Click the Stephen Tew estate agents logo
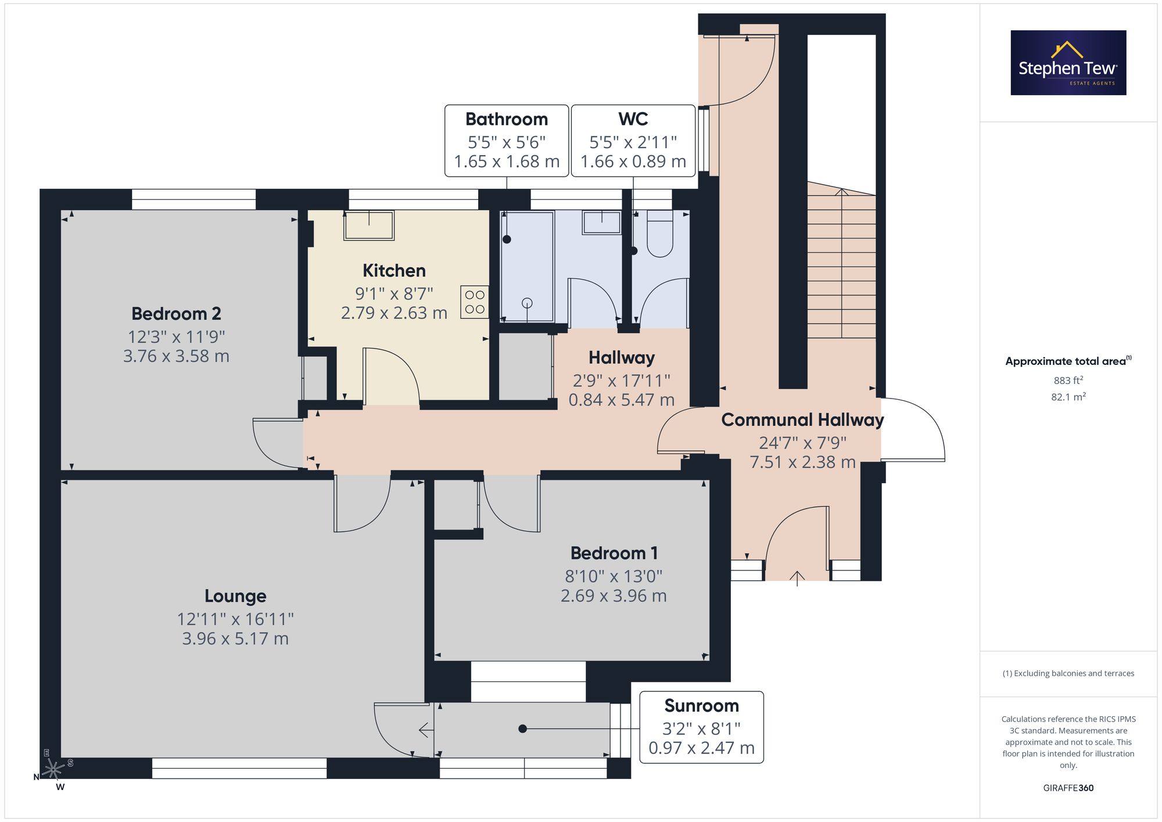pos(1068,63)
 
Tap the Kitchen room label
pos(394,271)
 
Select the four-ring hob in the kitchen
pos(475,302)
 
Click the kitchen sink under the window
pos(369,225)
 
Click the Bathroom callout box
pos(507,141)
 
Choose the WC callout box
pos(633,141)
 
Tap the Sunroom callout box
pos(701,727)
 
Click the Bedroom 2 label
pos(176,314)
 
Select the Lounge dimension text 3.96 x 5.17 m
pos(235,638)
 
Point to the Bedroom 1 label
pos(614,553)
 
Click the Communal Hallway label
pos(802,419)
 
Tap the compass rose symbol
pos(53,769)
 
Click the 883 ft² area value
pos(1068,381)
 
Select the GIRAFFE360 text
pos(1068,788)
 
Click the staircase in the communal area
pos(841,261)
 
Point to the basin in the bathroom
pos(602,222)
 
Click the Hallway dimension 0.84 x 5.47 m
pos(621,400)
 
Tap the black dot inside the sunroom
pos(522,728)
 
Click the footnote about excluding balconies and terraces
pos(1068,673)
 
